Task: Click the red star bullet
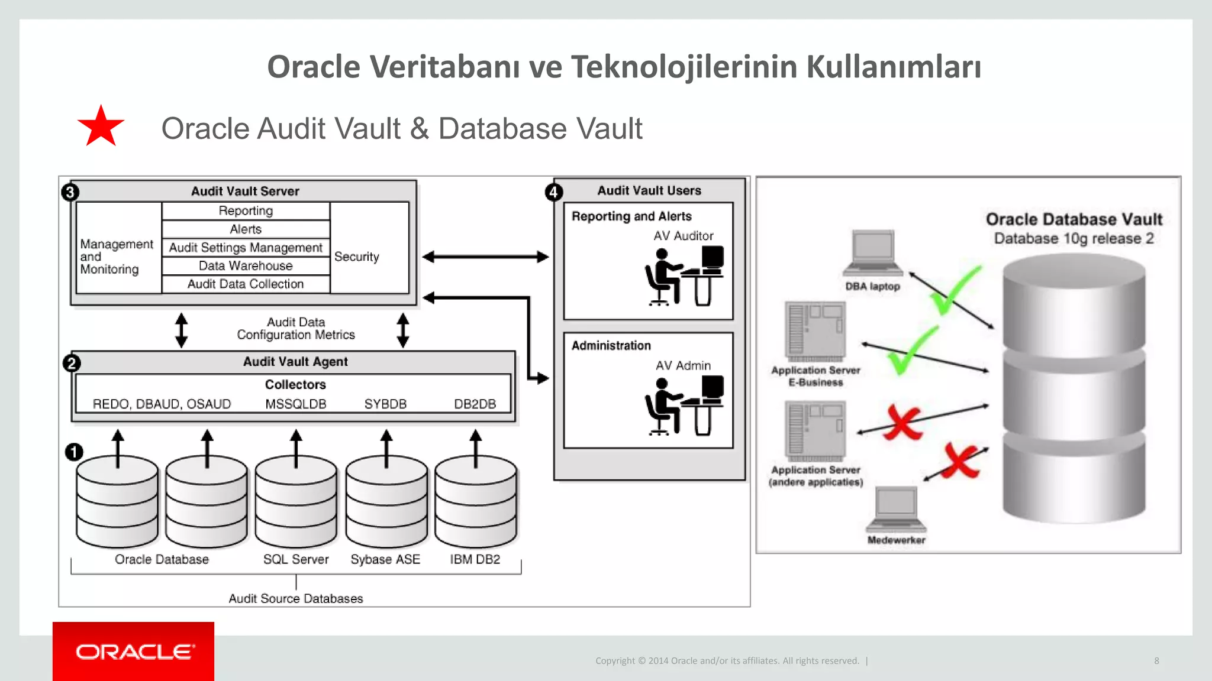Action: click(x=101, y=127)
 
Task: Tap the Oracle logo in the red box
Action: click(x=134, y=651)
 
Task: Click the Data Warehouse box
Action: click(x=246, y=266)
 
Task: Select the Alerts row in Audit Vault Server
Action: click(x=246, y=229)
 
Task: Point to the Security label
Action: click(x=356, y=257)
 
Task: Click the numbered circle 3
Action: click(x=70, y=192)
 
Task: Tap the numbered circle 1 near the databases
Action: click(x=74, y=453)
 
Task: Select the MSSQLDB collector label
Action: click(x=295, y=404)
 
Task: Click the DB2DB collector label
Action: click(x=475, y=404)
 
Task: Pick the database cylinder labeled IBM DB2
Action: click(x=475, y=502)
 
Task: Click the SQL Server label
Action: click(x=295, y=559)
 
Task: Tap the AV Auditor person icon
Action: click(x=684, y=277)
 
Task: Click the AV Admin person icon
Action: click(x=684, y=406)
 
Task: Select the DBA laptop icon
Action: click(x=873, y=253)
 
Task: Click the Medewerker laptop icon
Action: click(x=897, y=509)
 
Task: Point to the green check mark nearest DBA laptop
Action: click(x=954, y=290)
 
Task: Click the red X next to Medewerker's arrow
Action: click(x=960, y=461)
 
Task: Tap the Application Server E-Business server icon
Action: click(x=815, y=332)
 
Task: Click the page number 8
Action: click(x=1156, y=661)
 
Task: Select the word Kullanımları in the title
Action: click(x=893, y=66)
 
